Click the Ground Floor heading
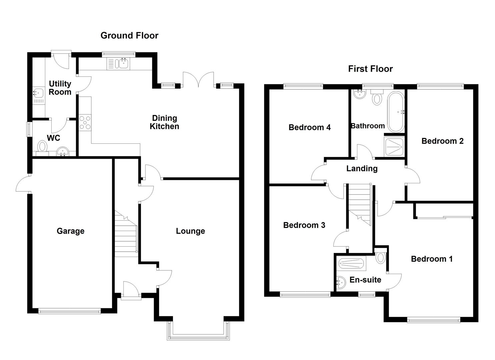[x=129, y=36]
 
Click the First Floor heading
[x=370, y=69]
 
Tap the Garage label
[x=70, y=231]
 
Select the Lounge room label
[x=190, y=231]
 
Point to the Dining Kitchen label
[x=164, y=122]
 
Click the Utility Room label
[x=60, y=88]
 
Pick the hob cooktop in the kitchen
[x=85, y=122]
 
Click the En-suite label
[x=365, y=280]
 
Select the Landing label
[x=362, y=169]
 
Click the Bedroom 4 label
[x=309, y=127]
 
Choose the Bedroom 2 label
[x=442, y=141]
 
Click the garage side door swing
[x=23, y=184]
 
